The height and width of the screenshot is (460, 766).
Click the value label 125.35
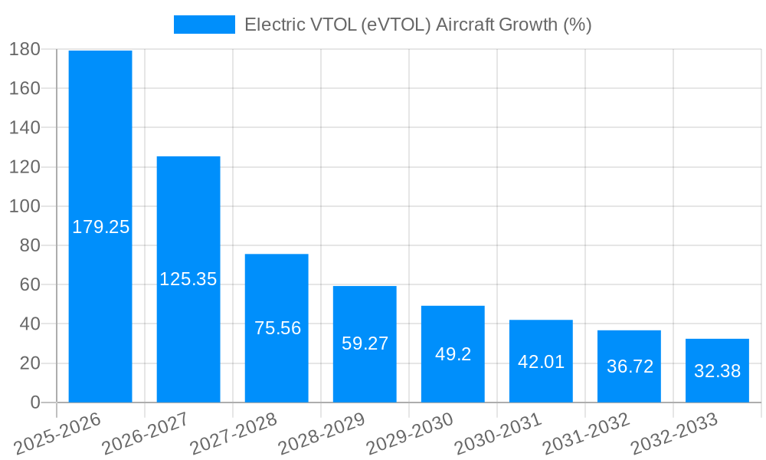pos(188,279)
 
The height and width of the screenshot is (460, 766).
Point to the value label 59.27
pos(365,343)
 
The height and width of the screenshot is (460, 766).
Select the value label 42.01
pos(541,362)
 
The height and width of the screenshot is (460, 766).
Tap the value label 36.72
pos(630,366)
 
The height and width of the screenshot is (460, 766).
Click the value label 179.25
pos(100,227)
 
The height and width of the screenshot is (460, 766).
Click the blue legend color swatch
pos(204,25)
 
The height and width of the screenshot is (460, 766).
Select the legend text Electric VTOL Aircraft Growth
pos(417,25)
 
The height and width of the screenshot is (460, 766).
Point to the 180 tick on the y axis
pos(25,49)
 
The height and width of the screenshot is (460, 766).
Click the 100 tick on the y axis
pos(25,206)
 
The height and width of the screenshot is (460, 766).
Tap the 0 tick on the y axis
pos(34,402)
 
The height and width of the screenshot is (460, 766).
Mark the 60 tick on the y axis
pos(29,284)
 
